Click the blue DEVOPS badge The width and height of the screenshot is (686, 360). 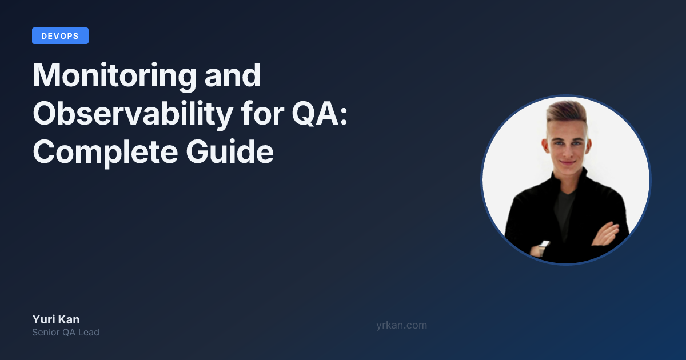point(61,36)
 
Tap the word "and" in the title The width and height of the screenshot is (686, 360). point(233,75)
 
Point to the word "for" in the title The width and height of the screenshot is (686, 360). point(262,113)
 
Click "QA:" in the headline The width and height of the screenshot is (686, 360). point(320,114)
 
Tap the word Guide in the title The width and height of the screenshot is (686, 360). point(230,151)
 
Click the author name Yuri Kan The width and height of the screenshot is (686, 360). point(56,319)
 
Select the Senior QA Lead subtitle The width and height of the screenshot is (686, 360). point(66,333)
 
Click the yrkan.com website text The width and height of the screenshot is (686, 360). point(401,325)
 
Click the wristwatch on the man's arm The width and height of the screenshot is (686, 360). point(544,247)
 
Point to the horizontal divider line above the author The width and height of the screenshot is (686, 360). point(230,301)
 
